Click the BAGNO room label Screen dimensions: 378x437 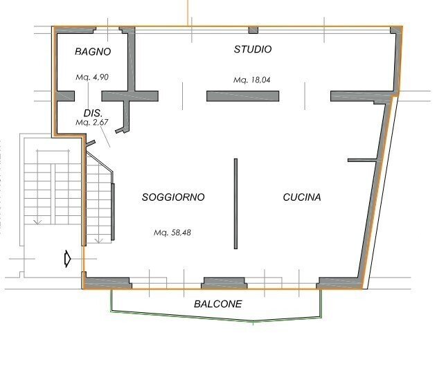click(93, 51)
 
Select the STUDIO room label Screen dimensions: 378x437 click(253, 50)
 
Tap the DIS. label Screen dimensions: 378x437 click(93, 112)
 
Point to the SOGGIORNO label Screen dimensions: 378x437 click(173, 197)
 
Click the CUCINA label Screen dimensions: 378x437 click(302, 197)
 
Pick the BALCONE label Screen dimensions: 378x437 click(218, 304)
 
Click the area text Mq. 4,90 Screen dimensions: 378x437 click(92, 77)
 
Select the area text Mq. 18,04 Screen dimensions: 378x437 click(252, 80)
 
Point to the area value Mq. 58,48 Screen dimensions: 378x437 click(172, 233)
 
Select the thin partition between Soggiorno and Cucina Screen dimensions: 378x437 click(235, 204)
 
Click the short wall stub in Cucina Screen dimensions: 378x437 click(362, 161)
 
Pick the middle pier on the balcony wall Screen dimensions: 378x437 click(224, 282)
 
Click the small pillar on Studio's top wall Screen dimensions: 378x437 click(253, 30)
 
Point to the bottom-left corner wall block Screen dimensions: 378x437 click(105, 282)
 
